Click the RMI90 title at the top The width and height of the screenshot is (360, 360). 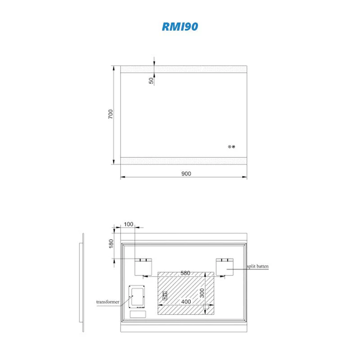point(180,27)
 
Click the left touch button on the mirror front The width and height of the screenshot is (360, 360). point(229,146)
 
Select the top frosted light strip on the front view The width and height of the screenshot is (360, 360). point(183,69)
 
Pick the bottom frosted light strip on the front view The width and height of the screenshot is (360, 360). point(183,161)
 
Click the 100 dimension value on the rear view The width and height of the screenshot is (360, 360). point(128,224)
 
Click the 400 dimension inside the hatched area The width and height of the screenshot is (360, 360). point(184,301)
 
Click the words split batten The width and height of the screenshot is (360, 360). point(257,266)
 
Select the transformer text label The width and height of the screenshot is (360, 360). point(108,301)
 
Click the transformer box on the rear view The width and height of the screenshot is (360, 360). point(136,297)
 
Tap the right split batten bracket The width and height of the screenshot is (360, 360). point(225,267)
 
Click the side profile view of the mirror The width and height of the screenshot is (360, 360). point(82,283)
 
